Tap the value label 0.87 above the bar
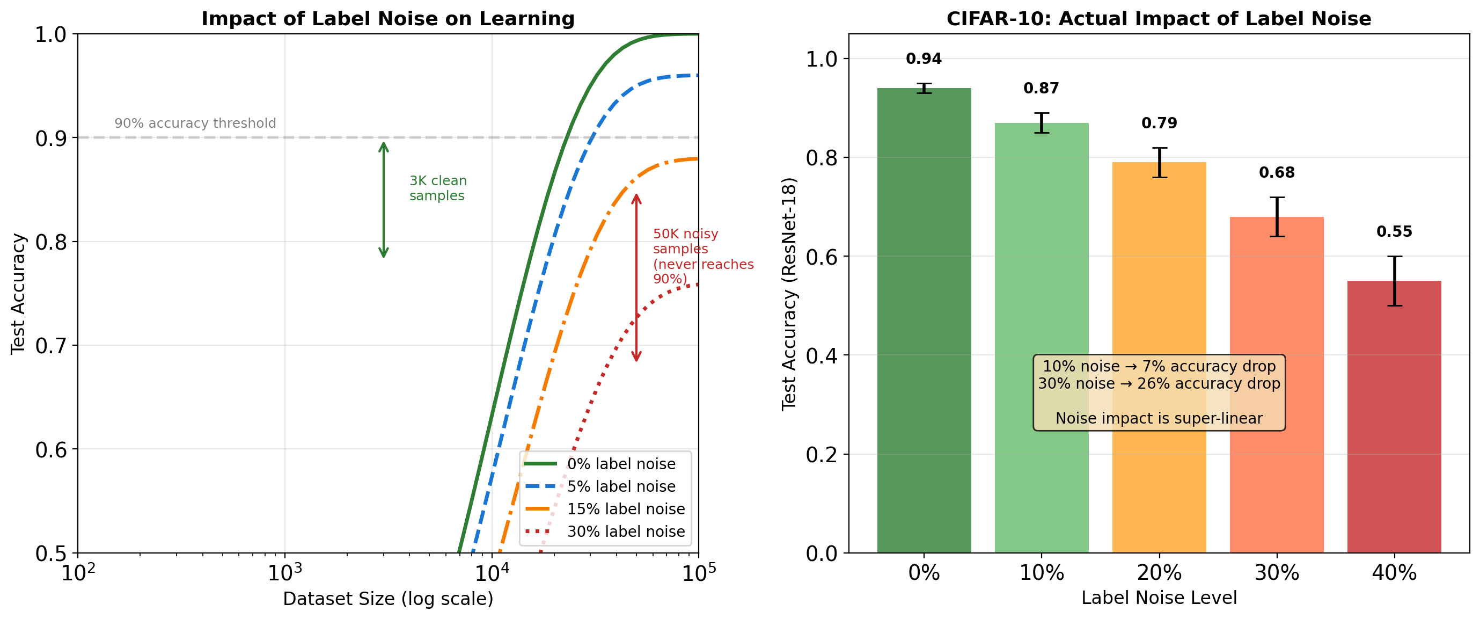(x=1041, y=89)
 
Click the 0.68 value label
(x=1277, y=172)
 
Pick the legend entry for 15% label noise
(x=626, y=509)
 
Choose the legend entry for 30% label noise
(x=626, y=531)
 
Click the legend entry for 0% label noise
(x=621, y=464)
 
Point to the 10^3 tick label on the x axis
(x=285, y=573)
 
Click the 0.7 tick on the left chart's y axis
(x=50, y=346)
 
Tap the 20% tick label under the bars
(x=1159, y=573)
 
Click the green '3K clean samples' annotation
(x=438, y=188)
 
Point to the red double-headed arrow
(x=636, y=278)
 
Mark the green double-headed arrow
(x=384, y=199)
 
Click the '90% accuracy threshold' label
(x=195, y=123)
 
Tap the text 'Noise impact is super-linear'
(x=1159, y=418)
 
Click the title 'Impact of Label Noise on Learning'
(x=388, y=19)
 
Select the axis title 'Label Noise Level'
(x=1159, y=598)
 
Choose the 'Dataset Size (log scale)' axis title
(x=388, y=599)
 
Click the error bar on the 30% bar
(x=1277, y=217)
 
